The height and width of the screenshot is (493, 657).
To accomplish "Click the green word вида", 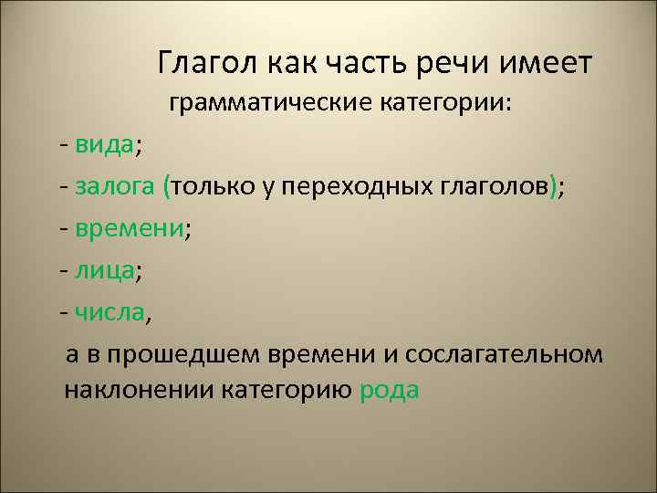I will [x=105, y=144].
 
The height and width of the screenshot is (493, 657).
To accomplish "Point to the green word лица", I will [x=106, y=270].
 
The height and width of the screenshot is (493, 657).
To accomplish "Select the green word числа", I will [x=109, y=312].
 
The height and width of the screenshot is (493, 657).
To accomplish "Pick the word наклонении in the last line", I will [x=139, y=391].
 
